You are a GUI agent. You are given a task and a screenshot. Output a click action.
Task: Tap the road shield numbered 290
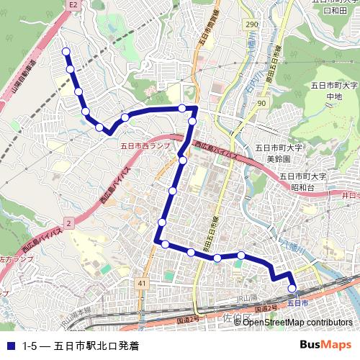click(x=251, y=25)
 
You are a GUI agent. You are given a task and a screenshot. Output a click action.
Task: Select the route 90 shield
click(x=261, y=104)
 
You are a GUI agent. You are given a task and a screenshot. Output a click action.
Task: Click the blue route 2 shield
click(x=68, y=225)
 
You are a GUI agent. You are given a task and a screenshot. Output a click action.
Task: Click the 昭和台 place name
click(x=302, y=187)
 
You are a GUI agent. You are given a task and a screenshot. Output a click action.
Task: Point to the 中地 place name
click(x=333, y=96)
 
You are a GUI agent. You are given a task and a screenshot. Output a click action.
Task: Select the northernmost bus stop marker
click(x=66, y=52)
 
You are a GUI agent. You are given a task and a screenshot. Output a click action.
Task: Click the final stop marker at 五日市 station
click(x=292, y=289)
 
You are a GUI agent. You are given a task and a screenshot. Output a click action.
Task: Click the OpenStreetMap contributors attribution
click(x=297, y=323)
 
